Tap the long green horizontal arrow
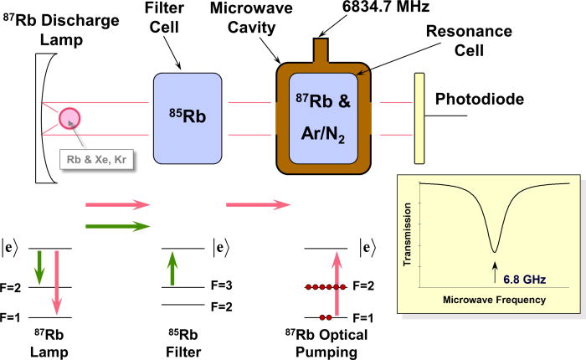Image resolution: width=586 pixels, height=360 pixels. point(117,224)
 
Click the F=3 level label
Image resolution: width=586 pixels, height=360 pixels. point(225,287)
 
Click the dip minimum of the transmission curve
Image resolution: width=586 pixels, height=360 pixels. point(496,249)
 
